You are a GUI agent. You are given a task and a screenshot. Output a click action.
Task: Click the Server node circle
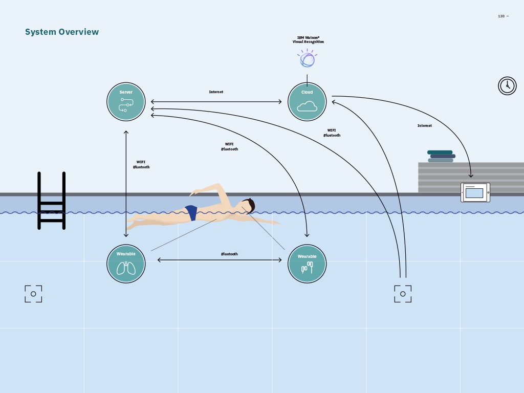(126, 101)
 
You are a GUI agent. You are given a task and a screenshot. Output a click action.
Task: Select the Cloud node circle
(307, 101)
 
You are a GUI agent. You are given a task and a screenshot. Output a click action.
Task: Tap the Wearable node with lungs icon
(126, 264)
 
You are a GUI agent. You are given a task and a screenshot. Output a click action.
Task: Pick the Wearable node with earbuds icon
(307, 264)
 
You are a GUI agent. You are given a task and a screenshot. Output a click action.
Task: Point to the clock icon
(507, 86)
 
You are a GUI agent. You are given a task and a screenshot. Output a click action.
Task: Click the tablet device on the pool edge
(475, 192)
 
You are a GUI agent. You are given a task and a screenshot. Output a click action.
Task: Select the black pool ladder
(51, 201)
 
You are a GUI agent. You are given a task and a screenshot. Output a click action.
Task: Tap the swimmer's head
(249, 206)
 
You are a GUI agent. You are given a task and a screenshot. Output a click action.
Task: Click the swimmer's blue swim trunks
(191, 212)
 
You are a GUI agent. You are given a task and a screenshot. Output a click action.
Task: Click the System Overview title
(62, 32)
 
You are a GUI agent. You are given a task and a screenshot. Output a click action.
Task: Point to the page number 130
(502, 16)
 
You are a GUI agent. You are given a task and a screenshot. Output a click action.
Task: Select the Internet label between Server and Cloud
(216, 92)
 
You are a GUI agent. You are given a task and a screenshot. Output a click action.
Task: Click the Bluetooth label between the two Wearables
(229, 254)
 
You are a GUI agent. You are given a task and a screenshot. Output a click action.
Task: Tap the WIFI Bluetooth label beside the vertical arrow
(141, 164)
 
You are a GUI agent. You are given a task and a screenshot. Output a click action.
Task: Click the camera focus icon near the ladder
(33, 294)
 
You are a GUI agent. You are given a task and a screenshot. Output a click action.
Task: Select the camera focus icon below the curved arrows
(403, 294)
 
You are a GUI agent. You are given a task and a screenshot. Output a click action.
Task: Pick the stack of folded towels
(441, 156)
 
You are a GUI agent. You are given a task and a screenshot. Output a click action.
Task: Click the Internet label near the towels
(424, 126)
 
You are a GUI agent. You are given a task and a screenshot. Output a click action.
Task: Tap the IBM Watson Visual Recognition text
(308, 39)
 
